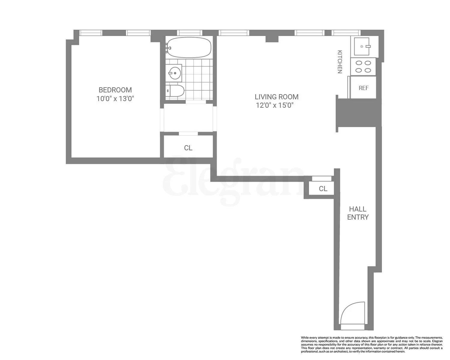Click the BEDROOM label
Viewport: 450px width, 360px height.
click(115, 90)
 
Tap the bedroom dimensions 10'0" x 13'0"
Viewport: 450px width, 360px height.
click(115, 99)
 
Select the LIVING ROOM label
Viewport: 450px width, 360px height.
click(277, 97)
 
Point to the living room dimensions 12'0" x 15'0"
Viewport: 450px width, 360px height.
click(274, 105)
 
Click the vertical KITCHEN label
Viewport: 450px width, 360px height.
click(340, 62)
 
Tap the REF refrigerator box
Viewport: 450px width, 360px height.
click(363, 88)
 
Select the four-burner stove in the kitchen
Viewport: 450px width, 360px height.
click(363, 67)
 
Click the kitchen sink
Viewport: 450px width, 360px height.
click(362, 46)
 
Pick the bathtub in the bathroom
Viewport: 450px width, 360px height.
click(189, 47)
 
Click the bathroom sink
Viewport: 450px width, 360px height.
click(174, 73)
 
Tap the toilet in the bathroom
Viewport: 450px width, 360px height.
click(175, 91)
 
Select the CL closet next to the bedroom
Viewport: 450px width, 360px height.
click(188, 148)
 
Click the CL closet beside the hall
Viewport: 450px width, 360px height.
click(323, 189)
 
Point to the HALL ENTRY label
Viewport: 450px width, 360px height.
click(358, 213)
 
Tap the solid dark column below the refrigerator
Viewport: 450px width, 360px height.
click(359, 113)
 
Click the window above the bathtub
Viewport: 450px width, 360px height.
click(189, 33)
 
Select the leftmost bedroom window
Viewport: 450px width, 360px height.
click(91, 33)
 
